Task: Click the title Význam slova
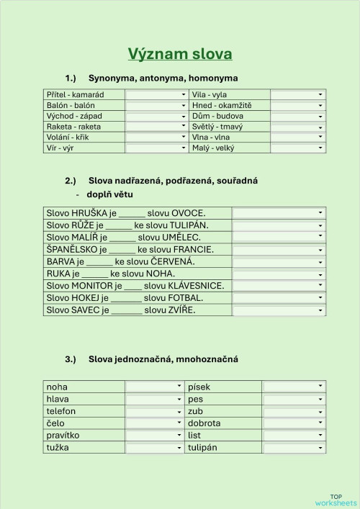[180, 54]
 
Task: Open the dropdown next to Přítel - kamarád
[157, 94]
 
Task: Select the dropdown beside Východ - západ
[157, 116]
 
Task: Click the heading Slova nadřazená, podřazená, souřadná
[173, 180]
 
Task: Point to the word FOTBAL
[183, 298]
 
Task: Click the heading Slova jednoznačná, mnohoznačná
[163, 359]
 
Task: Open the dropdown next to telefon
[154, 411]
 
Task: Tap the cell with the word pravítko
[63, 436]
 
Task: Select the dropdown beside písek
[294, 387]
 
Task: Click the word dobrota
[204, 423]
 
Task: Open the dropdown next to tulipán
[294, 448]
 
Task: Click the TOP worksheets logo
[336, 499]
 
